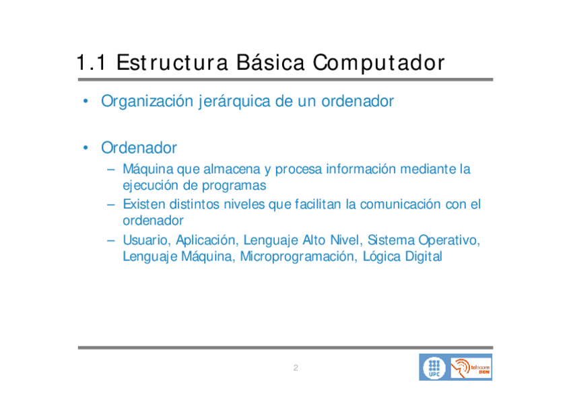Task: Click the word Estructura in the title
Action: (x=172, y=62)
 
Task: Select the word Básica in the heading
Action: (x=270, y=62)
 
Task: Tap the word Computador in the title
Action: (x=378, y=63)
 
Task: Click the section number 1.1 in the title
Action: (x=91, y=62)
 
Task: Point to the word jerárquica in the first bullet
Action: (x=234, y=102)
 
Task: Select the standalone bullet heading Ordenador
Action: (x=139, y=147)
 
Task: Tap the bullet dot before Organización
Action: (x=86, y=101)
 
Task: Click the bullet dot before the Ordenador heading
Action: (x=86, y=147)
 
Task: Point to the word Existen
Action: (x=144, y=205)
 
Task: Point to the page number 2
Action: (x=296, y=368)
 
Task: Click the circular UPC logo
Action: (x=434, y=368)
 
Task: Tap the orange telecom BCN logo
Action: (x=471, y=368)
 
